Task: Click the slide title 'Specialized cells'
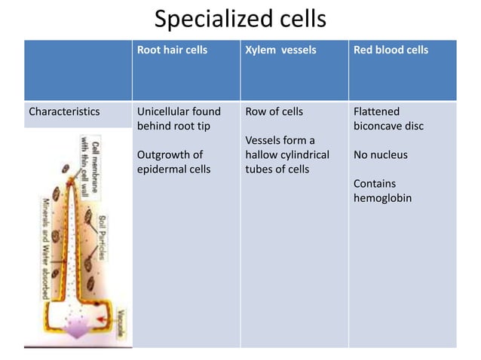(240, 18)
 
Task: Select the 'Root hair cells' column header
(172, 50)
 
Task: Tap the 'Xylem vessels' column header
(280, 50)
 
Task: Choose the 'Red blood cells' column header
(391, 50)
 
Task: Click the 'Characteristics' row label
(64, 111)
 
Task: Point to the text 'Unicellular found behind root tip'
(179, 118)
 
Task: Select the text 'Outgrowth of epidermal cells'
(173, 162)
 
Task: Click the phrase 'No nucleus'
(380, 155)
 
